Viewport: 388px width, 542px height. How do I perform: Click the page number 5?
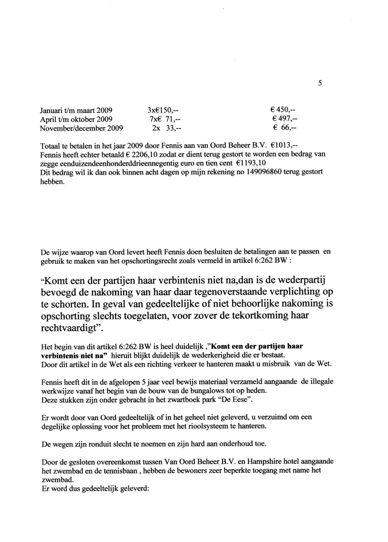tap(320, 84)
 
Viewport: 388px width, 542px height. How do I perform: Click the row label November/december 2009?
tap(81, 128)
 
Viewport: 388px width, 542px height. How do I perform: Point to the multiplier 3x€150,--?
tap(163, 109)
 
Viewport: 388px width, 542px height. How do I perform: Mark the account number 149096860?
tap(247, 172)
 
